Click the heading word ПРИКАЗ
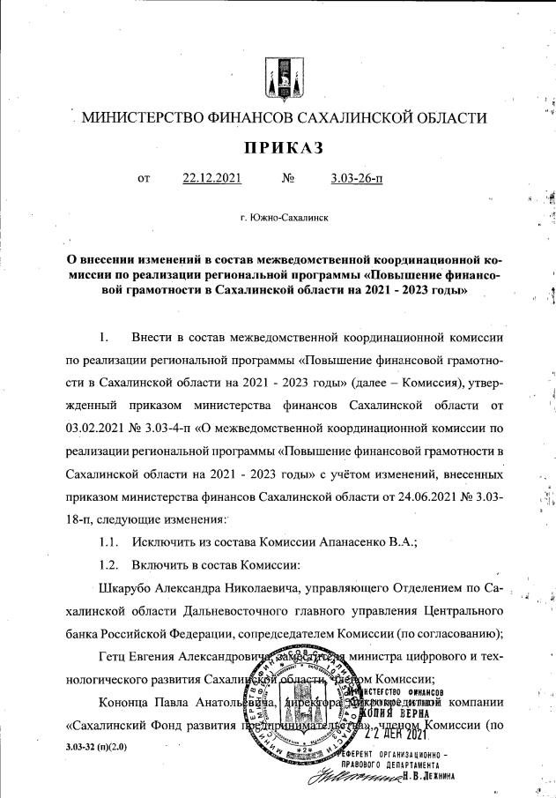(278, 146)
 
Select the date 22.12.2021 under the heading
(211, 179)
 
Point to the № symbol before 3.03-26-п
(287, 179)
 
